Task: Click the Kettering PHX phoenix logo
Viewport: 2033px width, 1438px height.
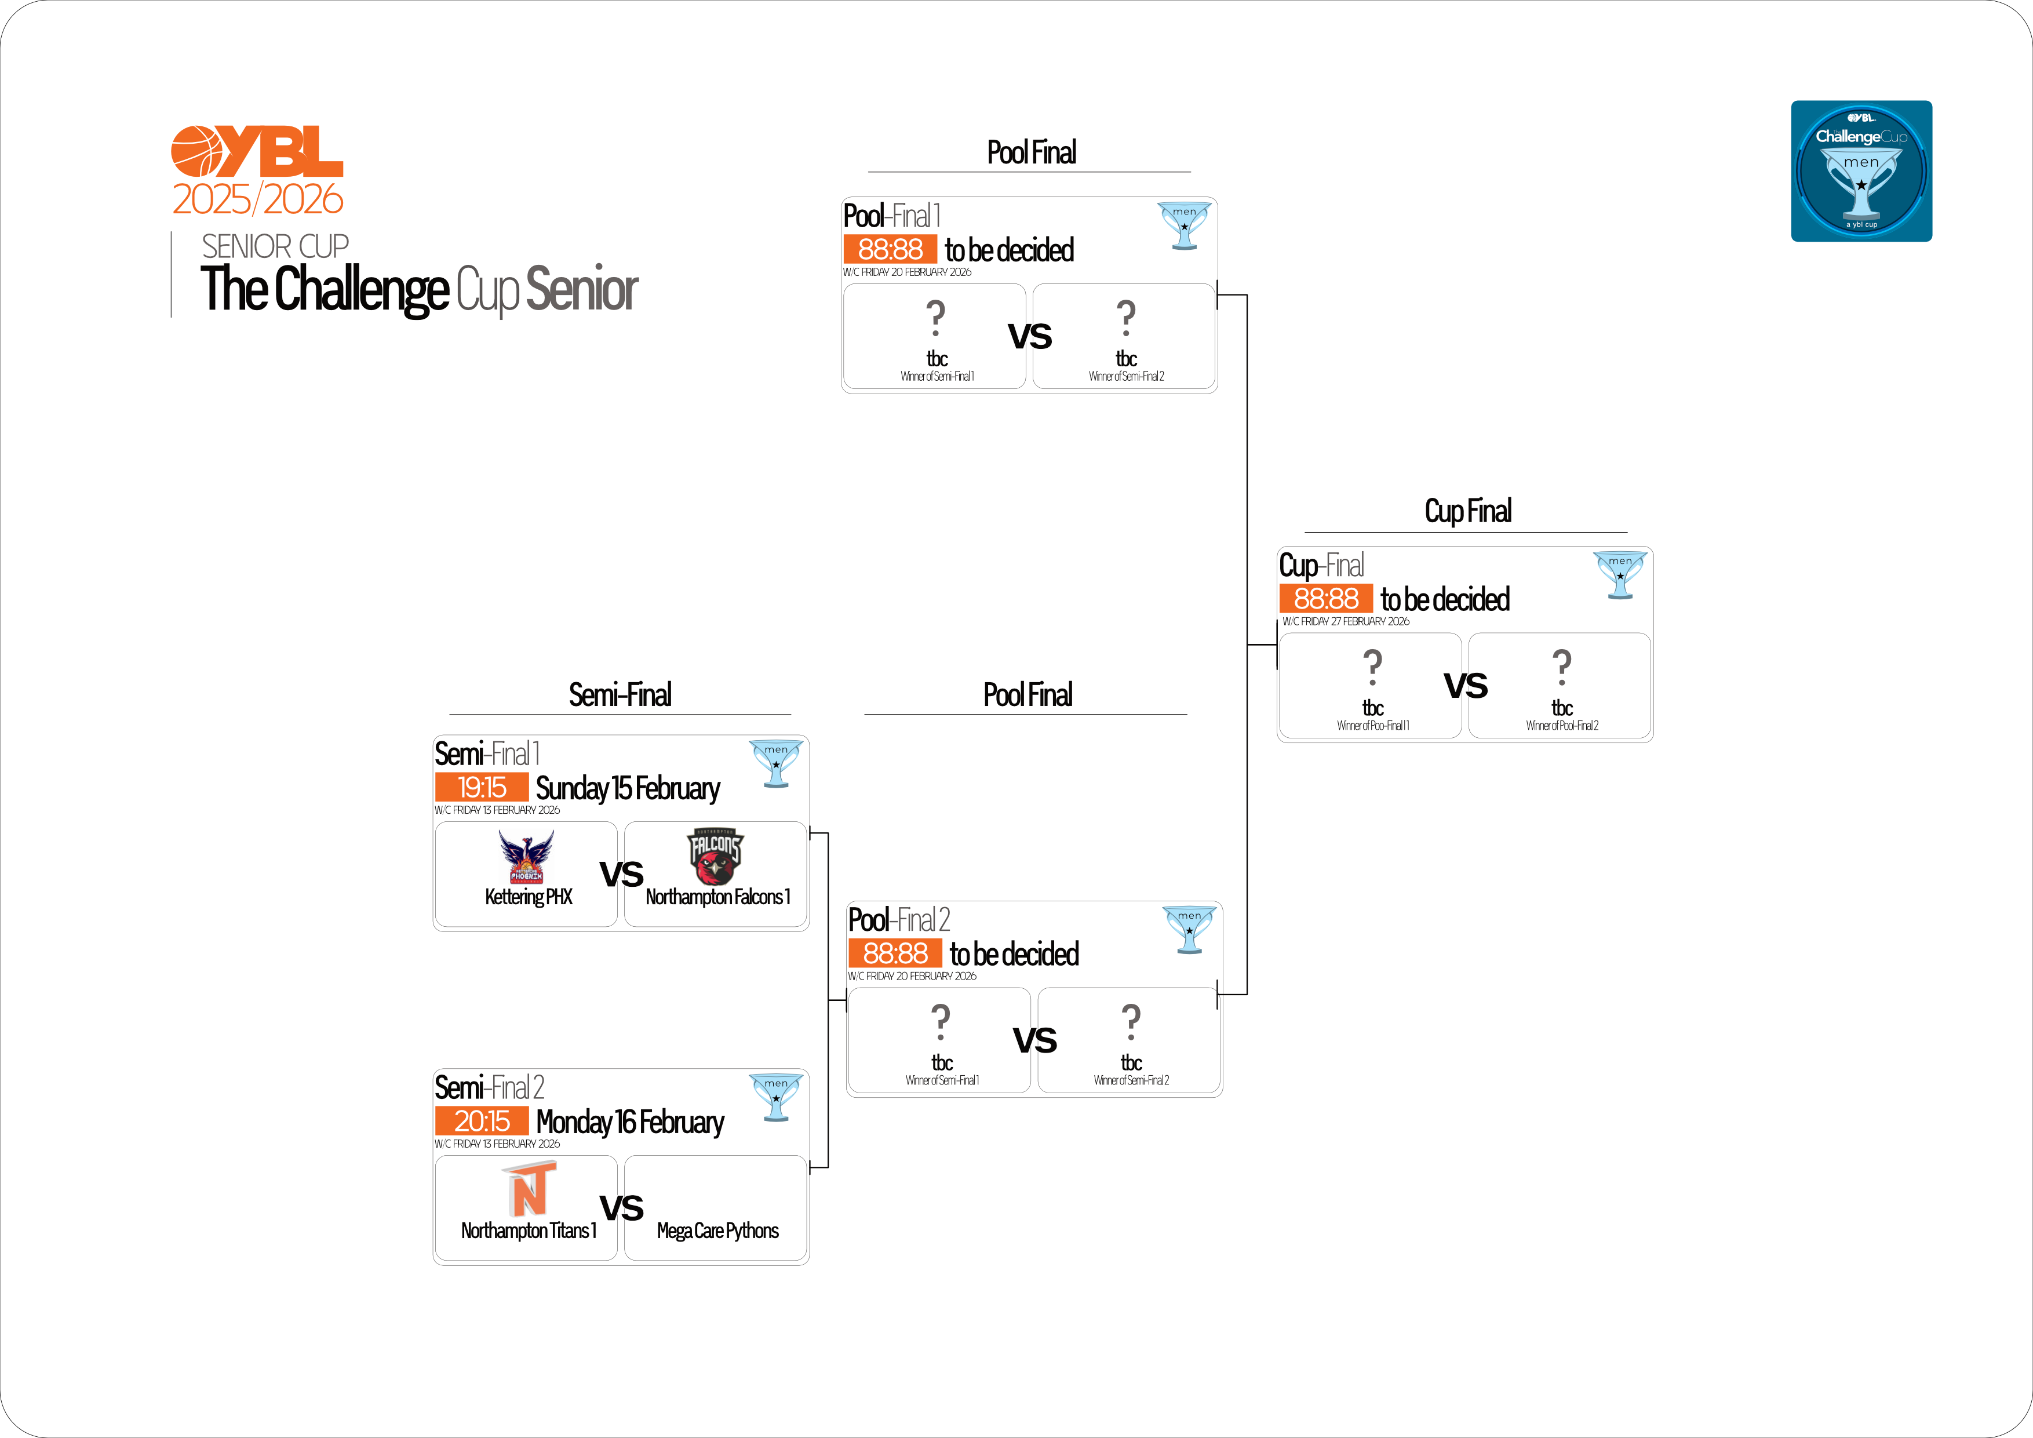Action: pos(526,856)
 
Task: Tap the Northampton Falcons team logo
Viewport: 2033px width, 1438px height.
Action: pos(716,856)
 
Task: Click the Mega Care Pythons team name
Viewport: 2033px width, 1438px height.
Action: pos(717,1231)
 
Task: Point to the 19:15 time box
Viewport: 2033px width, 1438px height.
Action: pos(482,787)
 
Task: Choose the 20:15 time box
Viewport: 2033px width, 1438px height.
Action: pos(482,1121)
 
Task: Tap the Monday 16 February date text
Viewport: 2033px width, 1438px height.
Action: pos(629,1122)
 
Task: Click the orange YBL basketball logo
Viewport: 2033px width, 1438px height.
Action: pos(257,151)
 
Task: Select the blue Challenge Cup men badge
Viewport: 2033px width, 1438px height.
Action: pos(1861,171)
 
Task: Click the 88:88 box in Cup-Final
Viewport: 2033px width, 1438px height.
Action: pos(1325,599)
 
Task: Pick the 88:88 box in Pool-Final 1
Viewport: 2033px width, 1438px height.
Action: pos(890,250)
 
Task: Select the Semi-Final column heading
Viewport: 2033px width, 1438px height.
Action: pos(620,695)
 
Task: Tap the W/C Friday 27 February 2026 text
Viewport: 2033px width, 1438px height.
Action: pos(1346,621)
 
